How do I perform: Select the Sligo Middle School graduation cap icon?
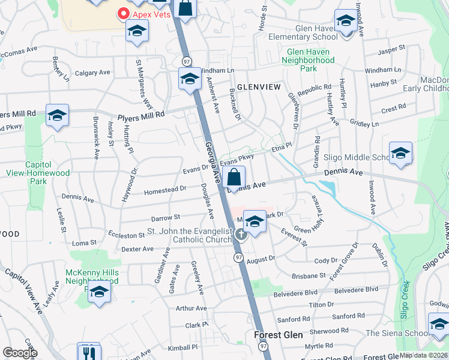tap(400, 154)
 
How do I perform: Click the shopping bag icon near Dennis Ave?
tap(234, 178)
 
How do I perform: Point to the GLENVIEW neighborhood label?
tap(259, 87)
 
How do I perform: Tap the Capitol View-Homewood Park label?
tap(47, 173)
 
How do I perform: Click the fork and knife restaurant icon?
tap(89, 352)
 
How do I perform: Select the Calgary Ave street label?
tap(92, 73)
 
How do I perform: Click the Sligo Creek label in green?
tap(405, 299)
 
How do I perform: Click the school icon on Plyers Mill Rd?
tap(57, 116)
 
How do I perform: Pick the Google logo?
tap(20, 352)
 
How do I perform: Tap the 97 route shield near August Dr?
tap(238, 257)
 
